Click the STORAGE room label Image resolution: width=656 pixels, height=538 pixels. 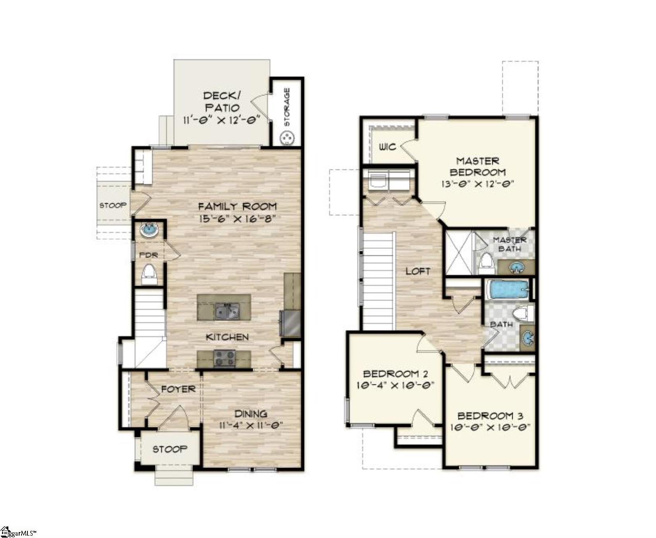pyautogui.click(x=287, y=107)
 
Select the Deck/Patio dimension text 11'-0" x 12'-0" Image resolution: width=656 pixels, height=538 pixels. pyautogui.click(x=221, y=120)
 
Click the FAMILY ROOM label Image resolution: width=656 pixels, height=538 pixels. pyautogui.click(x=237, y=206)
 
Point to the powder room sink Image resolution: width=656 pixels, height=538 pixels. pyautogui.click(x=149, y=230)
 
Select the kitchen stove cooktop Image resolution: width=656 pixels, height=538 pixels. pyautogui.click(x=225, y=358)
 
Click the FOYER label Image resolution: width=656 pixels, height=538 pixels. pyautogui.click(x=178, y=389)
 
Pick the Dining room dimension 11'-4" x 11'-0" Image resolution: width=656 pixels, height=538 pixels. pyautogui.click(x=251, y=425)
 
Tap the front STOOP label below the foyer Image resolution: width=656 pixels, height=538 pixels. pyautogui.click(x=170, y=449)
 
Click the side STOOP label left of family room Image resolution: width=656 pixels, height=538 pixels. pyautogui.click(x=113, y=205)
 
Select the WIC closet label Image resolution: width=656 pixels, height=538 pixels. pyautogui.click(x=387, y=147)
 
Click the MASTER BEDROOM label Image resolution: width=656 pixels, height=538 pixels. pyautogui.click(x=477, y=167)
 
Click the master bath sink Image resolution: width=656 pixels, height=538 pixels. pyautogui.click(x=517, y=267)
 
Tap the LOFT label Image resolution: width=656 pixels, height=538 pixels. pyautogui.click(x=418, y=271)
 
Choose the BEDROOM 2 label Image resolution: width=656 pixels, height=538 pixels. pyautogui.click(x=395, y=374)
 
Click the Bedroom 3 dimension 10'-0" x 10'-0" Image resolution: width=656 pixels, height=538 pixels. pyautogui.click(x=490, y=428)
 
